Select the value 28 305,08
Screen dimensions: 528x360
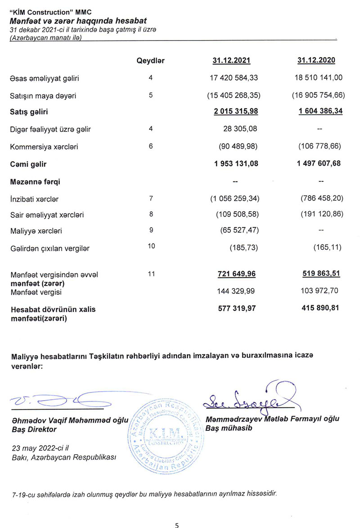pos(241,129)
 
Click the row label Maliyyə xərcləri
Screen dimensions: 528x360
pos(36,231)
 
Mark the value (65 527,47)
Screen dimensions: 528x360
pos(236,231)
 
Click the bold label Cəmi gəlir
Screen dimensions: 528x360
pos(28,164)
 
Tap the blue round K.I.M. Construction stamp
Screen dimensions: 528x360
pos(167,435)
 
